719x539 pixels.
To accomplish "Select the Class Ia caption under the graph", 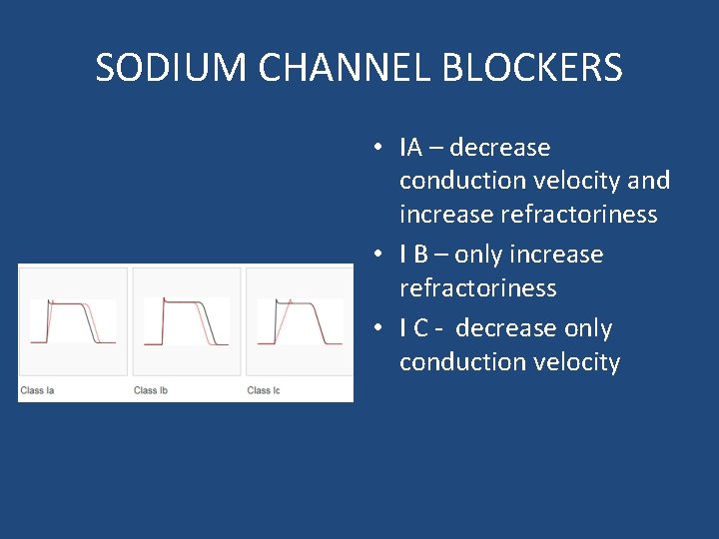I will click(x=38, y=390).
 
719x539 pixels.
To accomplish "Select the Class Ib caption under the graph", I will click(x=151, y=390).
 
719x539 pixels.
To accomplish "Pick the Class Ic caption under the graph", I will click(x=264, y=390).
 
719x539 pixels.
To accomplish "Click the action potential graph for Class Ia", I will click(x=73, y=321).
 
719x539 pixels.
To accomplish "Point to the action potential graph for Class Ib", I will click(x=187, y=321).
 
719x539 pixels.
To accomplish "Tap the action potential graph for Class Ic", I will click(x=300, y=321).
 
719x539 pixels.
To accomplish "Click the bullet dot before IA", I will click(x=380, y=148).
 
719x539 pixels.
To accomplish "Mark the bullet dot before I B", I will click(x=380, y=255).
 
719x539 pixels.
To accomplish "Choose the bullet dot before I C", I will click(x=380, y=328).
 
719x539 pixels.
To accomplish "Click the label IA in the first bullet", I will click(x=410, y=148).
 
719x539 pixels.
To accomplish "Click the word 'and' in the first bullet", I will click(x=650, y=181).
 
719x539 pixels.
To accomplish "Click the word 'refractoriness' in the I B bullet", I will click(x=477, y=288).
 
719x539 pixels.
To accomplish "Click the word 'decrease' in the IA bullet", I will click(x=500, y=148).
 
